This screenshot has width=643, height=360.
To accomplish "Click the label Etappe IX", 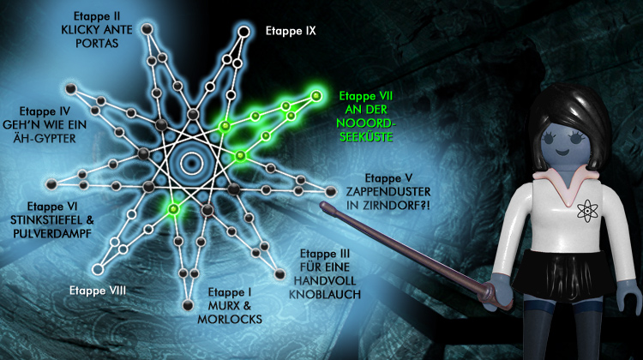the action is (291, 31).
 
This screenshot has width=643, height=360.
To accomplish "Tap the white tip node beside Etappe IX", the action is (243, 32).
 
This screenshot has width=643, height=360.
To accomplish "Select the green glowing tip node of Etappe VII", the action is (315, 96).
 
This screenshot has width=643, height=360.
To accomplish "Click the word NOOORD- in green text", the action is (366, 123).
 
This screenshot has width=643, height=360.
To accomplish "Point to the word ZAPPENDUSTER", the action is (388, 191).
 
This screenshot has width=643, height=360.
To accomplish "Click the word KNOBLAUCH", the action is (325, 294).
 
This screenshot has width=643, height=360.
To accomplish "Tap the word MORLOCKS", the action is (230, 319).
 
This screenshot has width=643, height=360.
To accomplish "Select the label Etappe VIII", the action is (98, 291).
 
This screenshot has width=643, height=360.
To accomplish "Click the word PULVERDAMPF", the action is (52, 234).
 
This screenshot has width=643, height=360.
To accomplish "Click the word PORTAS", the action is (97, 44).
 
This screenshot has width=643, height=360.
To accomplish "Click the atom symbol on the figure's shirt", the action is (587, 211).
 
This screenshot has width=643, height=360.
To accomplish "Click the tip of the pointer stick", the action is (322, 204).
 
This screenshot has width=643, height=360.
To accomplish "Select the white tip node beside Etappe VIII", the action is (98, 269).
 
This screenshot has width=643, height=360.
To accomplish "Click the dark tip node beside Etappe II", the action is (147, 29).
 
